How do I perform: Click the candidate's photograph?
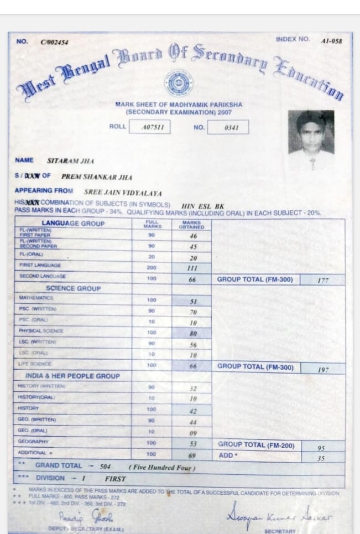tap(311, 132)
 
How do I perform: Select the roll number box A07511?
tap(149, 128)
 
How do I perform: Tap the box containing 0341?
tap(229, 128)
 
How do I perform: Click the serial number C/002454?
tap(54, 43)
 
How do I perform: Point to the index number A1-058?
tap(331, 41)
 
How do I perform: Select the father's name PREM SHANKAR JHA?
tap(96, 178)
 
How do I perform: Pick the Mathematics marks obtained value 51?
tap(193, 302)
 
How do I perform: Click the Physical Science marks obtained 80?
tap(193, 334)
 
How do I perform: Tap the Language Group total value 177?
tap(323, 281)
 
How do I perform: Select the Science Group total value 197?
tap(324, 369)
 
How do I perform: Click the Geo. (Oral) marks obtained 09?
tap(193, 433)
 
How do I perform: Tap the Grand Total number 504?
tap(105, 466)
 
